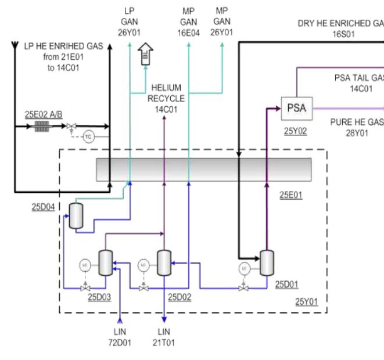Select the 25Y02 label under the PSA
(295, 131)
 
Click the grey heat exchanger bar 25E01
(204, 169)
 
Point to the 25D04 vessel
(74, 215)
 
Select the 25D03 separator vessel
(106, 262)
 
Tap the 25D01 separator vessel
(267, 263)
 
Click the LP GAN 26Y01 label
(129, 22)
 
